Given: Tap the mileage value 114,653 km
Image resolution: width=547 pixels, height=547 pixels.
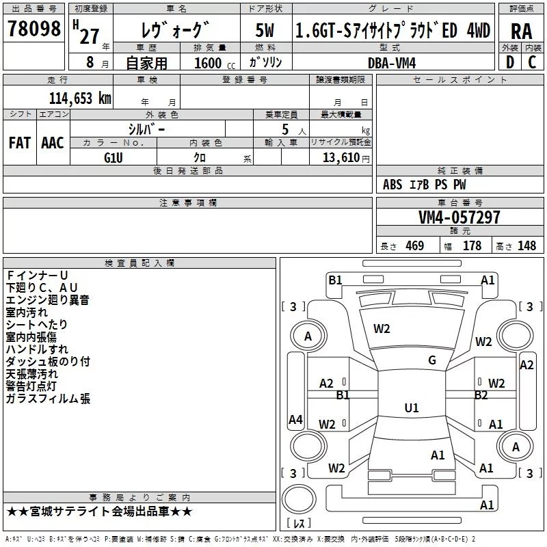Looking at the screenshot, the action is pos(80,98).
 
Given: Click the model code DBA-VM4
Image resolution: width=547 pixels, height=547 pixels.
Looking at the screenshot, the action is pos(392,63).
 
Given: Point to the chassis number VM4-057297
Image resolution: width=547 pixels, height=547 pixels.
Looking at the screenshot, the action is pos(459,217).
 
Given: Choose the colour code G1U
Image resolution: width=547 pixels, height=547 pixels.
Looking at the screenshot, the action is pos(114,157).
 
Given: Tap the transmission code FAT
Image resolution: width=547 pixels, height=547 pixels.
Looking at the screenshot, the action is pos(19,143).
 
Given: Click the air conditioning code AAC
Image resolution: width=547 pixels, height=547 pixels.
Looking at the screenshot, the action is pos(53,143).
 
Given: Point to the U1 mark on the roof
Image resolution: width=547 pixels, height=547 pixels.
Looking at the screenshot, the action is pos(411,408).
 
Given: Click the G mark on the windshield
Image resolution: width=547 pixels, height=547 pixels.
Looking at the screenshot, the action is pos(431,360).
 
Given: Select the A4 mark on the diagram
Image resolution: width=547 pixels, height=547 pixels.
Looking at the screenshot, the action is pos(295,420).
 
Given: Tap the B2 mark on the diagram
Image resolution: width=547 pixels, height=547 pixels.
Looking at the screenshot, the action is pos(481,395).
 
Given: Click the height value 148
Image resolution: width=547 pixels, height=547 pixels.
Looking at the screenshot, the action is pos(526,246).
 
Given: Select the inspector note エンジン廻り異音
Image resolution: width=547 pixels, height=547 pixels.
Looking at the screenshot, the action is pos(48,299).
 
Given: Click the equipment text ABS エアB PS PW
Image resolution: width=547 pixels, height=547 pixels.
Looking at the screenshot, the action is pos(425,185).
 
